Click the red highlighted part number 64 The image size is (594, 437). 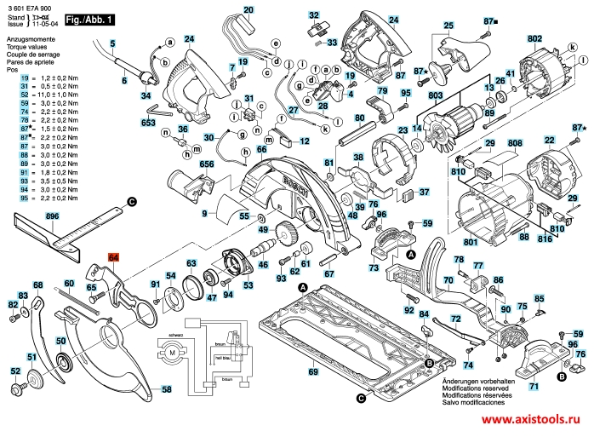click(x=114, y=256)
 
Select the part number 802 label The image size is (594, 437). click(x=534, y=39)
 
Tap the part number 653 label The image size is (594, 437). click(x=149, y=124)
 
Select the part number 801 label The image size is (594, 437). click(x=470, y=241)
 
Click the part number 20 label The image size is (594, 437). click(x=248, y=10)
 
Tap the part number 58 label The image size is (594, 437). click(x=167, y=389)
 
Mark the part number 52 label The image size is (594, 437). click(x=15, y=371)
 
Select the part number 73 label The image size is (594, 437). click(x=374, y=267)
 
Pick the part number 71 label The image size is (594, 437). click(x=534, y=386)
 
